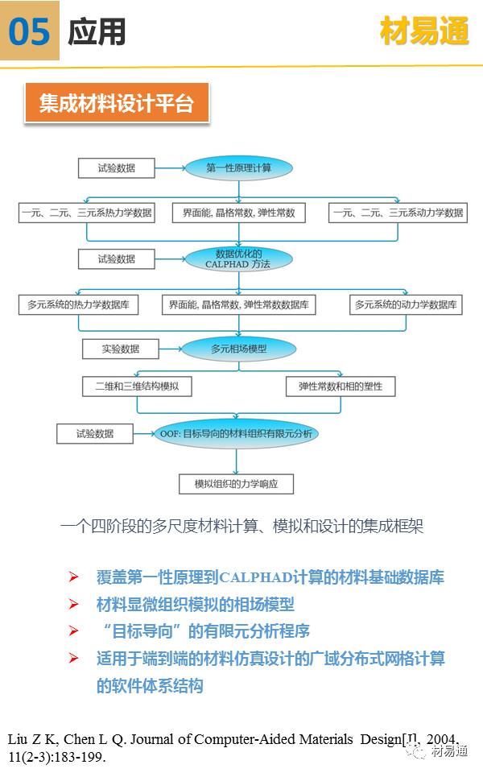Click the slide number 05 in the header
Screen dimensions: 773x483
[30, 32]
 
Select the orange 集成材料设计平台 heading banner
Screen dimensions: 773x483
[117, 104]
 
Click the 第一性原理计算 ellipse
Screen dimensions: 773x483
[238, 168]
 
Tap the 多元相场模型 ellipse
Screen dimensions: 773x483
[238, 349]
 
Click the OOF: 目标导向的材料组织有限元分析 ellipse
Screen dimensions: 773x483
[236, 434]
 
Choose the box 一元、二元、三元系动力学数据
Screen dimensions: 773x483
[398, 213]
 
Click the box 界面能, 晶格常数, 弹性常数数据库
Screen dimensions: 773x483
[238, 305]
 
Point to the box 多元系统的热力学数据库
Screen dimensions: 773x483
[78, 305]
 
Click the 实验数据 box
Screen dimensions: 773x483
[120, 349]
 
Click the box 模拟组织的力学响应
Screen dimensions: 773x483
[235, 484]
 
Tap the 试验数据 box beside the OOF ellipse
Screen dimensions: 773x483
[94, 434]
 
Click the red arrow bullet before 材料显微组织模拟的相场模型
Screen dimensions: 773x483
[73, 604]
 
